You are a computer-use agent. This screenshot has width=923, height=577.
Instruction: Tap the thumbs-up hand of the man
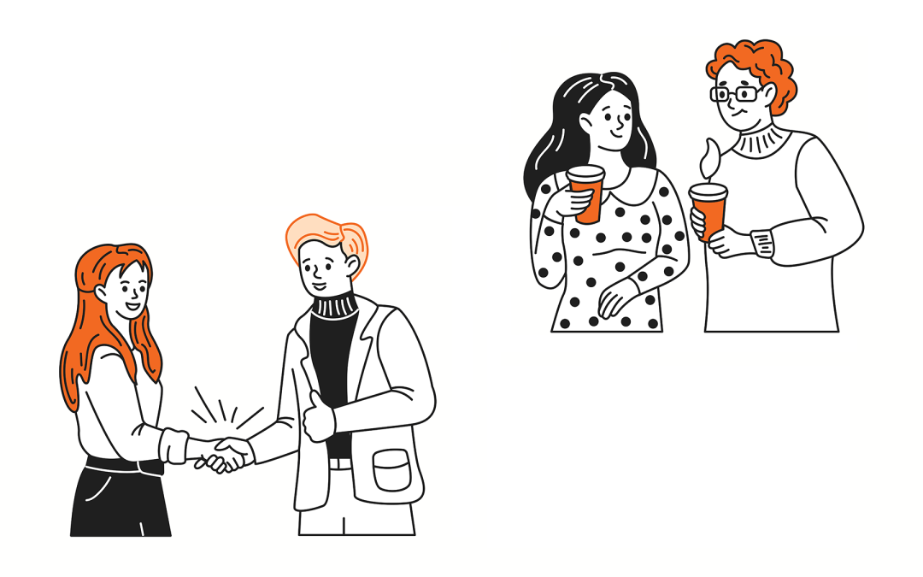(x=319, y=417)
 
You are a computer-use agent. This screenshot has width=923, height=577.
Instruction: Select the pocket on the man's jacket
(x=392, y=470)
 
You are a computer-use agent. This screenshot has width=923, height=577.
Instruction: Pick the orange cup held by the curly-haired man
(x=709, y=210)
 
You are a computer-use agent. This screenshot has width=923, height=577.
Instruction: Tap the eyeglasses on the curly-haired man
(x=737, y=93)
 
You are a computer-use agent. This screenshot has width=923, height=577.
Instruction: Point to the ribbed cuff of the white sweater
(x=763, y=243)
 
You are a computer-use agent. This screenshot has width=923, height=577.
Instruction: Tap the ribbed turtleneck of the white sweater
(x=759, y=140)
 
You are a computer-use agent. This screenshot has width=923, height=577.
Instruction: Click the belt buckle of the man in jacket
(x=339, y=463)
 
